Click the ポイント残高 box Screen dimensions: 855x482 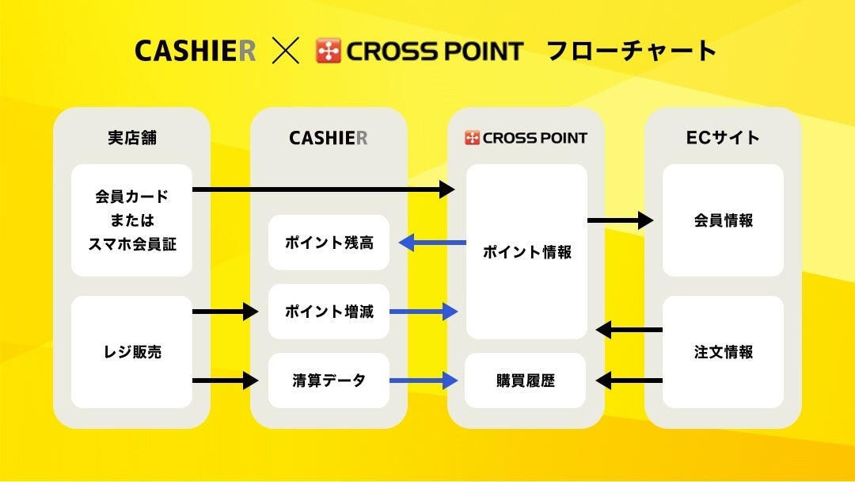click(329, 243)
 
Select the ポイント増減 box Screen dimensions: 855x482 click(329, 312)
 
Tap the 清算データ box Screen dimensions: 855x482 click(329, 381)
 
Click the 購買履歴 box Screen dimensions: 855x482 click(526, 381)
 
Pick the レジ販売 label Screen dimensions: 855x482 click(132, 352)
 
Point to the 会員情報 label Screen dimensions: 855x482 click(723, 220)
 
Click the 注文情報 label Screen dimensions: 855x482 click(723, 352)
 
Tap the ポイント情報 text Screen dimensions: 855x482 click(526, 253)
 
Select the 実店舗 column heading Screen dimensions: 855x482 click(132, 137)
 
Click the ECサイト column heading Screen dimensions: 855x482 click(723, 137)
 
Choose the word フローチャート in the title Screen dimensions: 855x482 click(632, 52)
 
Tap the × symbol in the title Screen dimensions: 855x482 click(285, 52)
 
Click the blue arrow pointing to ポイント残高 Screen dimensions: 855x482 click(432, 243)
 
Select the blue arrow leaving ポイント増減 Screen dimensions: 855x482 click(424, 312)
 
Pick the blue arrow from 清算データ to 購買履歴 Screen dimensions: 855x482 click(424, 381)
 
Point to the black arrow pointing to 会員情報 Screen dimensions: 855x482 click(621, 220)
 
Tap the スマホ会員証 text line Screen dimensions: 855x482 click(132, 244)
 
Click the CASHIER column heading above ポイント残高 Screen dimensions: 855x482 click(329, 138)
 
